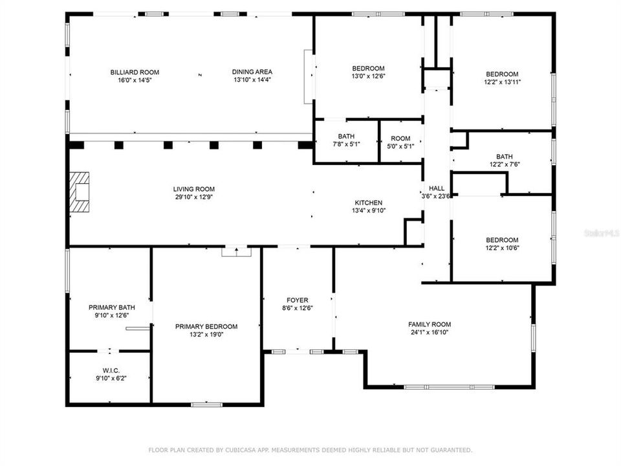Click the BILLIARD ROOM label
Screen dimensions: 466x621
[135, 72]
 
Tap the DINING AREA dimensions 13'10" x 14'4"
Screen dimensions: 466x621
[253, 80]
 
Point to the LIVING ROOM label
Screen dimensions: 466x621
[194, 189]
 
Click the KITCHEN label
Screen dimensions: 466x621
[368, 203]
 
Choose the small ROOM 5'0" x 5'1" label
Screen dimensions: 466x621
[400, 138]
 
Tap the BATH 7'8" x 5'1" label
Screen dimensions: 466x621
[346, 136]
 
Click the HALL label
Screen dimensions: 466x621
[436, 188]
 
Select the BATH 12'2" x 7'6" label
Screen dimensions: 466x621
[503, 157]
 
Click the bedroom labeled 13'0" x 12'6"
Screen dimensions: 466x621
[368, 69]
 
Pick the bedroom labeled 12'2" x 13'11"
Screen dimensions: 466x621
[502, 74]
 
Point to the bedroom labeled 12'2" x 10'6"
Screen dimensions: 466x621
[502, 239]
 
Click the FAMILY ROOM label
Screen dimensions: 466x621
[429, 324]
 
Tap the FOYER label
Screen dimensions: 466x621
[298, 300]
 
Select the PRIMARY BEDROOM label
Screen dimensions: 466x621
[206, 327]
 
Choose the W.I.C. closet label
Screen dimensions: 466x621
[109, 370]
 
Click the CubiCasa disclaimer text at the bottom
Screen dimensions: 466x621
[310, 449]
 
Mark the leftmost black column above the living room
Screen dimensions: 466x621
[76, 145]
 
